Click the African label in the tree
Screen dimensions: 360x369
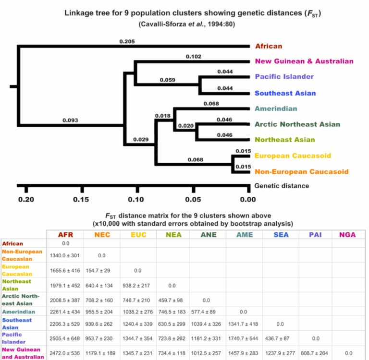pyautogui.click(x=268, y=46)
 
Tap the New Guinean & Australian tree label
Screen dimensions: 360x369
pyautogui.click(x=304, y=61)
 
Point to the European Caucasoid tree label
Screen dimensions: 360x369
pyautogui.click(x=293, y=156)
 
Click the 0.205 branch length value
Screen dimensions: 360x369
pyautogui.click(x=127, y=42)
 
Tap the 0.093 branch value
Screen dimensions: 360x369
pyautogui.click(x=70, y=120)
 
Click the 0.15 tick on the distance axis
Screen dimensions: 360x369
pyautogui.click(x=81, y=199)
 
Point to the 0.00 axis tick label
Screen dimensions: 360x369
pyautogui.click(x=248, y=199)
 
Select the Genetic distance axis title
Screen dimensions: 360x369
pyautogui.click(x=282, y=186)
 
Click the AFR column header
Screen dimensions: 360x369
pyautogui.click(x=65, y=235)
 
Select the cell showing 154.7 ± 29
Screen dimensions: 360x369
pyautogui.click(x=101, y=270)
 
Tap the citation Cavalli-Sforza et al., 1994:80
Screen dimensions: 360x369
pyautogui.click(x=184, y=23)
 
